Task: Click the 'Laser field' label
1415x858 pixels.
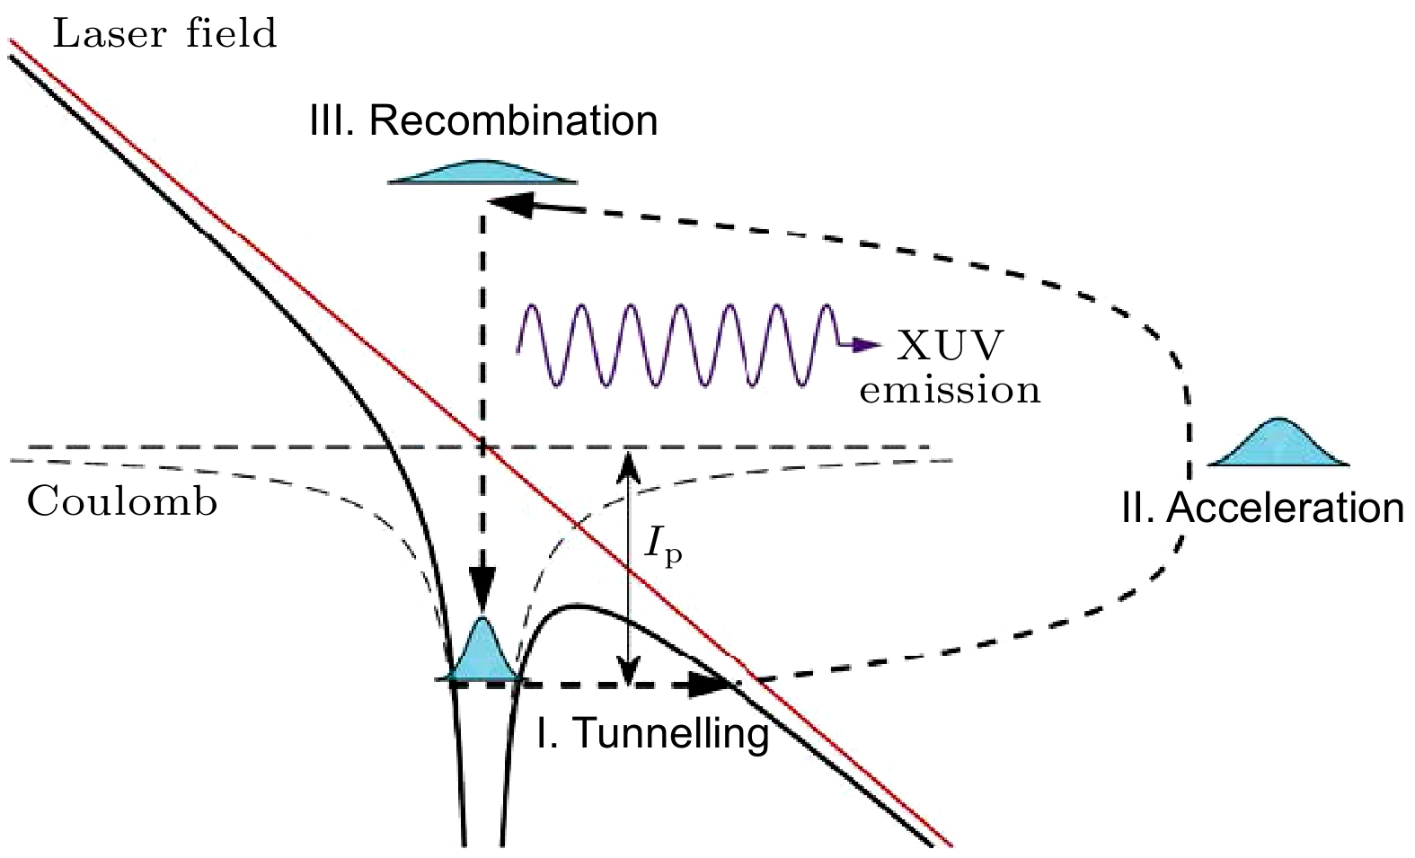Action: click(x=164, y=34)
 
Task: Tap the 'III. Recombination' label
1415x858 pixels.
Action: click(x=483, y=121)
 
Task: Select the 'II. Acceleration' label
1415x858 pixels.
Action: click(x=1262, y=509)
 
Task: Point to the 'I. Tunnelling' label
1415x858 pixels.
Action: click(x=652, y=733)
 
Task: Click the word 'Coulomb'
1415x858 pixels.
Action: click(x=122, y=502)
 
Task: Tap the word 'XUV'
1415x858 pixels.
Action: click(x=951, y=347)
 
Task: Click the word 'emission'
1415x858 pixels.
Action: click(x=950, y=391)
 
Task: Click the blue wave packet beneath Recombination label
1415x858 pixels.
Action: click(x=482, y=172)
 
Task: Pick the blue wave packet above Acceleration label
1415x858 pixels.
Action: click(x=1278, y=445)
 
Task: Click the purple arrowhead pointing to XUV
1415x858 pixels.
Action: click(x=868, y=345)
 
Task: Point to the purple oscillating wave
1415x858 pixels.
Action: click(x=674, y=346)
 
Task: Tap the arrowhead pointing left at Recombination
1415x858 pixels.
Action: click(x=507, y=203)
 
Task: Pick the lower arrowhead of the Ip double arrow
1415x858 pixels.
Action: click(x=629, y=672)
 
